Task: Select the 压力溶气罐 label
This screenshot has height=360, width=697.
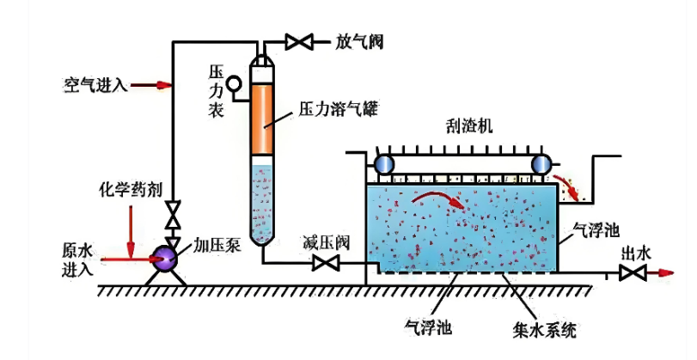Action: pyautogui.click(x=339, y=110)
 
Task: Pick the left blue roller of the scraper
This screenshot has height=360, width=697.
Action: pyautogui.click(x=382, y=163)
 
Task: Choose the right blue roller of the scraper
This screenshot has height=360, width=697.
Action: pyautogui.click(x=541, y=163)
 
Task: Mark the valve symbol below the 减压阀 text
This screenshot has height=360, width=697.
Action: pyautogui.click(x=326, y=264)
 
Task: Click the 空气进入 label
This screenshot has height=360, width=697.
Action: pyautogui.click(x=95, y=84)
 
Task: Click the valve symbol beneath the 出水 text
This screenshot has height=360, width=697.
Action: pyautogui.click(x=633, y=274)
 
